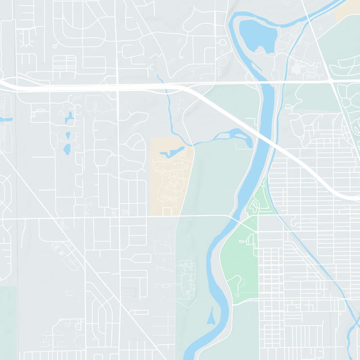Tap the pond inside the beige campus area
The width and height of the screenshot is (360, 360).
pyautogui.click(x=171, y=153)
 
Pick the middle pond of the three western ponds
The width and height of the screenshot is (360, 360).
pyautogui.click(x=68, y=135)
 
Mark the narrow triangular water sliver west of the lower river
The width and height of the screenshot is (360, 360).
pyautogui.click(x=210, y=318)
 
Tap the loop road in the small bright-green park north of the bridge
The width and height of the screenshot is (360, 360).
pyautogui.click(x=254, y=207)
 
